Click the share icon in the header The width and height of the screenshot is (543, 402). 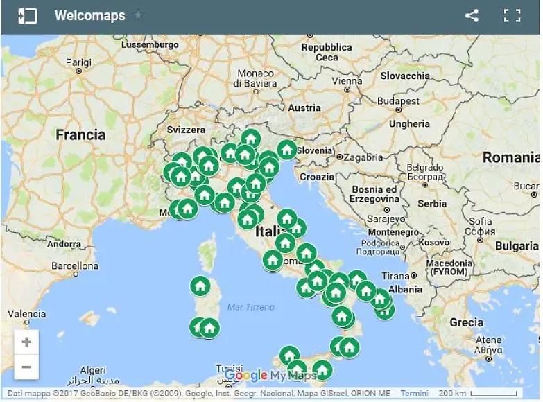click(472, 15)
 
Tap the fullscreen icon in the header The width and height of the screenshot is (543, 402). click(512, 15)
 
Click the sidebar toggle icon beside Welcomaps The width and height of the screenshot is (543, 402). click(28, 15)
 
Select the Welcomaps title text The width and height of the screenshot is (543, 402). click(90, 15)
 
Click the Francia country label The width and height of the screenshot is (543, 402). click(80, 134)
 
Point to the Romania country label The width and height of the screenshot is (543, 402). click(510, 157)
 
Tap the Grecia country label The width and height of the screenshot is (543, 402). click(466, 322)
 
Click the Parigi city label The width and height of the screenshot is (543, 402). click(78, 62)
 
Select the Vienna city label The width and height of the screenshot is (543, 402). click(347, 80)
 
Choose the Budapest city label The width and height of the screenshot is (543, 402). click(399, 101)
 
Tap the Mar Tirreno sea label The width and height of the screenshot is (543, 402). click(250, 306)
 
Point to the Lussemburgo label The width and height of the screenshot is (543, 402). click(150, 44)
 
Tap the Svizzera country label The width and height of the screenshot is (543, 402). click(186, 130)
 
